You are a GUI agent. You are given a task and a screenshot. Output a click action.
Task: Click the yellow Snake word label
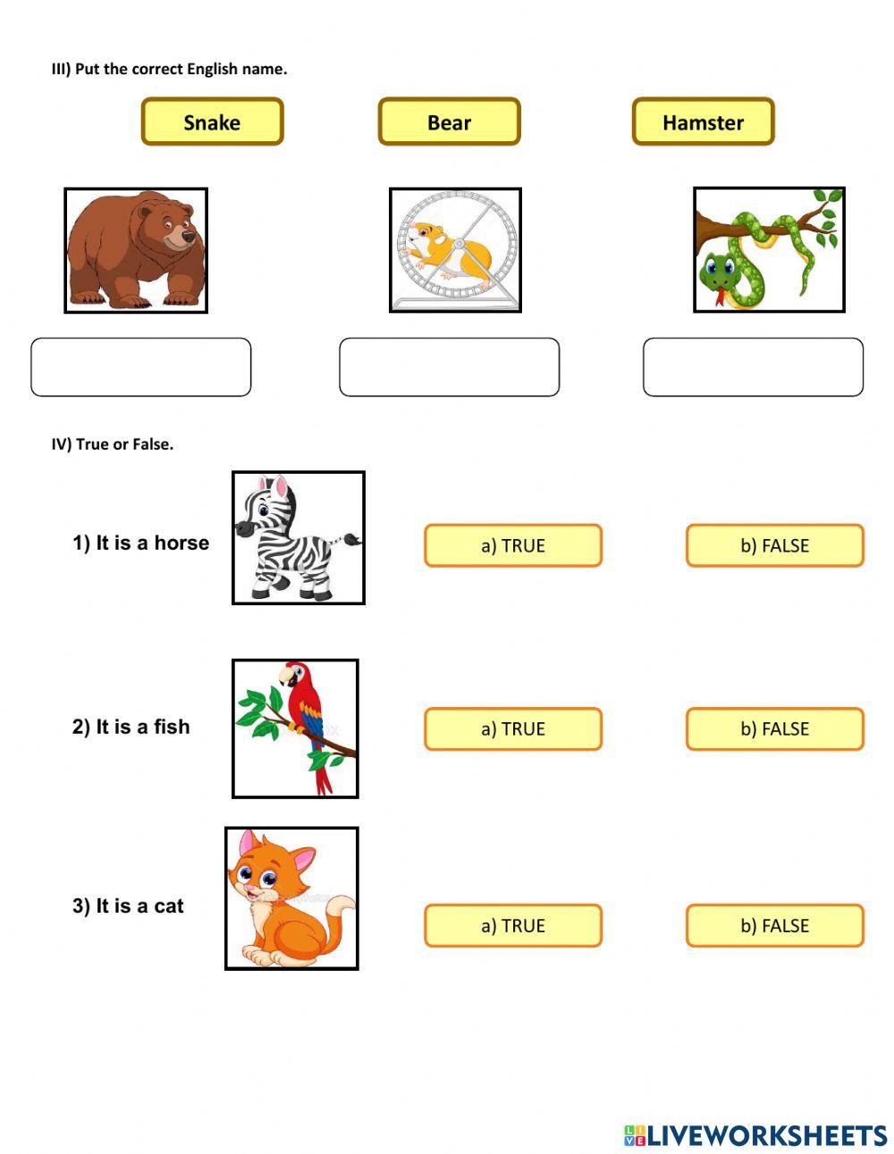[212, 122]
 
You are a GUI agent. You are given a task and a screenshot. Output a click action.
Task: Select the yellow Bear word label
[449, 122]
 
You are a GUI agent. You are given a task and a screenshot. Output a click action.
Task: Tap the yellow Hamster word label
[703, 122]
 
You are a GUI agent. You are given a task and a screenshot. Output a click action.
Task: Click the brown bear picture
[136, 250]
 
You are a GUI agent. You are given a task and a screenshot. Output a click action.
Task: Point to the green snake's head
[721, 269]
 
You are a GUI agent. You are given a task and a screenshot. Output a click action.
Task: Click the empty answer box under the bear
[141, 366]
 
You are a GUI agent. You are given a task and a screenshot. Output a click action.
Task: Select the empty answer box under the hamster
[449, 366]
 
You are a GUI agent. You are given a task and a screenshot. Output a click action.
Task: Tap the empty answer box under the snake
[753, 366]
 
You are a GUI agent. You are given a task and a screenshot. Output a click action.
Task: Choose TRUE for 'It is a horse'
[512, 545]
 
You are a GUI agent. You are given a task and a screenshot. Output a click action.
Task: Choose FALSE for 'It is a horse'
[774, 545]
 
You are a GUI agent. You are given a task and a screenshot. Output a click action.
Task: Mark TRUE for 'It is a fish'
[512, 729]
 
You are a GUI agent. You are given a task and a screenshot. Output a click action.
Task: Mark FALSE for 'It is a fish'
[774, 729]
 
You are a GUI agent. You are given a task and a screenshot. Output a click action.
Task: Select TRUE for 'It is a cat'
[512, 925]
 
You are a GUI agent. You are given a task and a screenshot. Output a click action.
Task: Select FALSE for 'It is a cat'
[774, 925]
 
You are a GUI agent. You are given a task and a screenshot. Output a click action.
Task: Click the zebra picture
[298, 538]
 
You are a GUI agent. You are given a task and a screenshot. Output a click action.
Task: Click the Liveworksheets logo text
[766, 1135]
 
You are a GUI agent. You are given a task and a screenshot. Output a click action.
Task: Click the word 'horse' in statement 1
[181, 543]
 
